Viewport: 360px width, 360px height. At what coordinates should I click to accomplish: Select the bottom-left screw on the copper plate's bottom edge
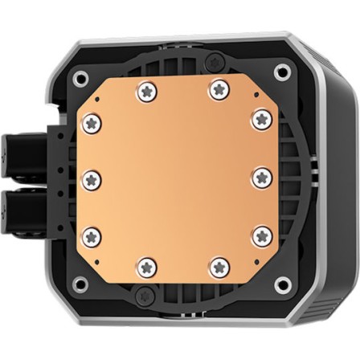click(145, 265)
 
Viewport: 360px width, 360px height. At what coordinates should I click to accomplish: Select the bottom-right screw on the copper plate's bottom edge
click(217, 265)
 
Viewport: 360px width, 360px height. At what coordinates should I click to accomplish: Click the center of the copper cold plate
click(176, 178)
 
